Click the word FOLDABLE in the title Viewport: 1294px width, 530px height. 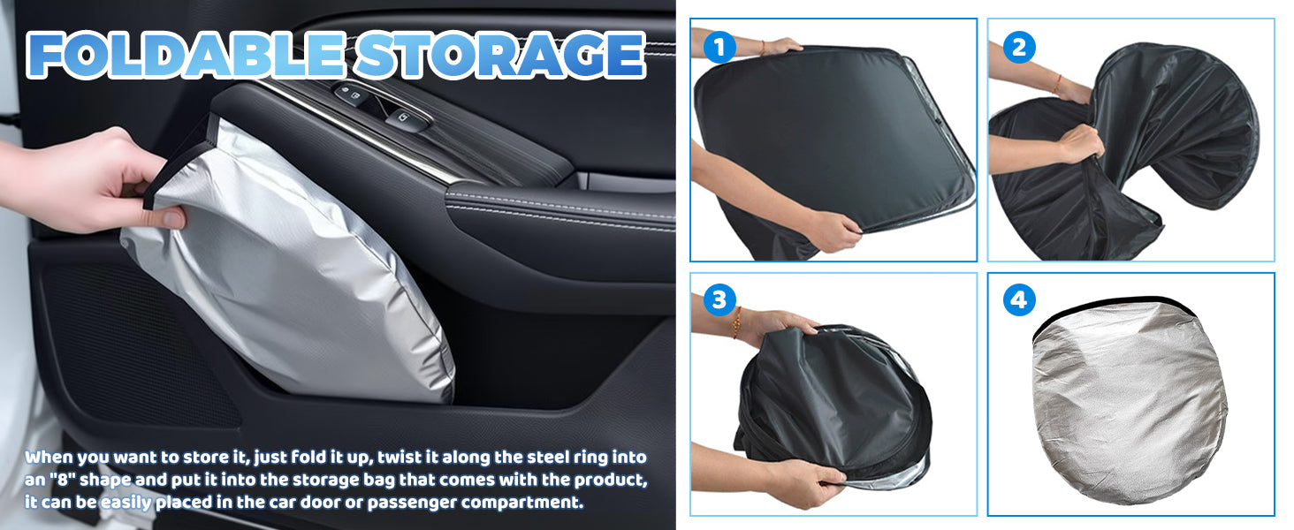pyautogui.click(x=186, y=55)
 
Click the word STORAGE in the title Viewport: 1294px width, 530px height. pyautogui.click(x=500, y=55)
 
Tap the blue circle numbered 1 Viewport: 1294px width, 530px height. pyautogui.click(x=719, y=47)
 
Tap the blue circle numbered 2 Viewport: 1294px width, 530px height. pyautogui.click(x=1019, y=47)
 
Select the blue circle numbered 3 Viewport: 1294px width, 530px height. pyautogui.click(x=719, y=299)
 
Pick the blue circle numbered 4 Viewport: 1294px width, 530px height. pyautogui.click(x=1019, y=299)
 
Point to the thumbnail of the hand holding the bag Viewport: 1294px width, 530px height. pyautogui.click(x=171, y=219)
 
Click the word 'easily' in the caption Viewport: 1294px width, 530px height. pyautogui.click(x=126, y=503)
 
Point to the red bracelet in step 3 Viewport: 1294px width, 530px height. pyautogui.click(x=736, y=322)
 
